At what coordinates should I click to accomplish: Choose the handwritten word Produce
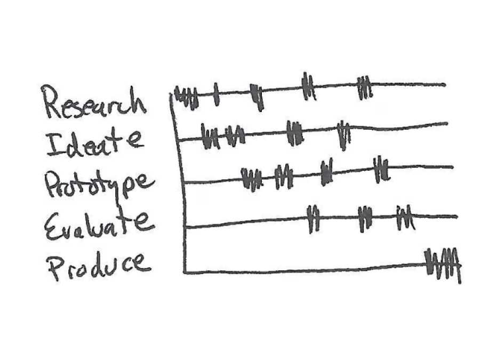click(97, 265)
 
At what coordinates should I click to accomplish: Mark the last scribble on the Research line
click(365, 86)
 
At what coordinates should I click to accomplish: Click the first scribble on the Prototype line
click(251, 178)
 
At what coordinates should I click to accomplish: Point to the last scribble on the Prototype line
click(380, 169)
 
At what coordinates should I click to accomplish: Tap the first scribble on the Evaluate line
click(314, 219)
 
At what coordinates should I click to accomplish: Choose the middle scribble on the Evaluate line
click(365, 218)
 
